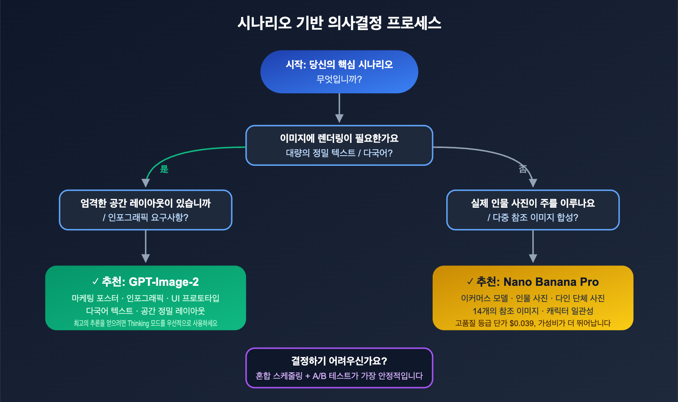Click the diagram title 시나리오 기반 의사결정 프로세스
pos(339,23)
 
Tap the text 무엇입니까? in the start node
pos(339,79)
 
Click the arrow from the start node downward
pos(339,108)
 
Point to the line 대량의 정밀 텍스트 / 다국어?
pos(339,153)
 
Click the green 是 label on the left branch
pos(164,169)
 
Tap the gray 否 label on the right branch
pos(523,169)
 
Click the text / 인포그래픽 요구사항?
pos(145,218)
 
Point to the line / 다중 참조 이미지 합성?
pos(533,218)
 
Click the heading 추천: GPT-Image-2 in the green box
pos(145,282)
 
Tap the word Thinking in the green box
pos(138,324)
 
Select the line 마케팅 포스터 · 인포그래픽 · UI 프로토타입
pos(145,299)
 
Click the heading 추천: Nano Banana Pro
pos(533,282)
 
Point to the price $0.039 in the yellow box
pos(522,324)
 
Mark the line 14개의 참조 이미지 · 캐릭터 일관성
pos(533,311)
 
